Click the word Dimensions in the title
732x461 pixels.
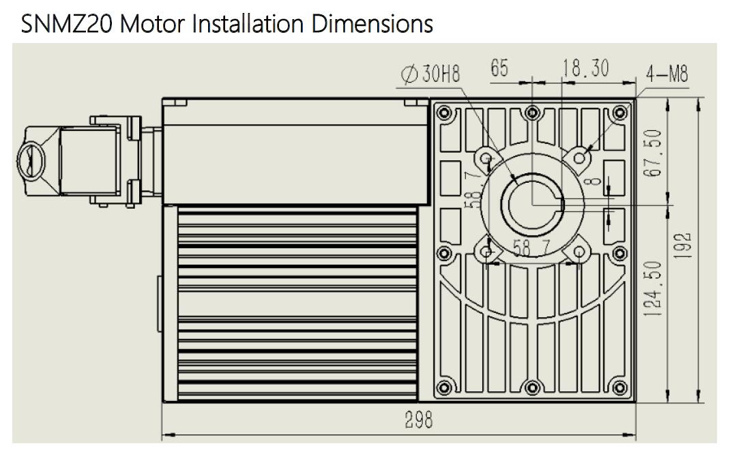[372, 25]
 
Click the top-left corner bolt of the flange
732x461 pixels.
[445, 112]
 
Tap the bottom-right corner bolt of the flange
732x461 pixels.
[620, 389]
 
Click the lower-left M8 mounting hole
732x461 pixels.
[486, 252]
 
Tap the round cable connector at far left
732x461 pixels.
[31, 162]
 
